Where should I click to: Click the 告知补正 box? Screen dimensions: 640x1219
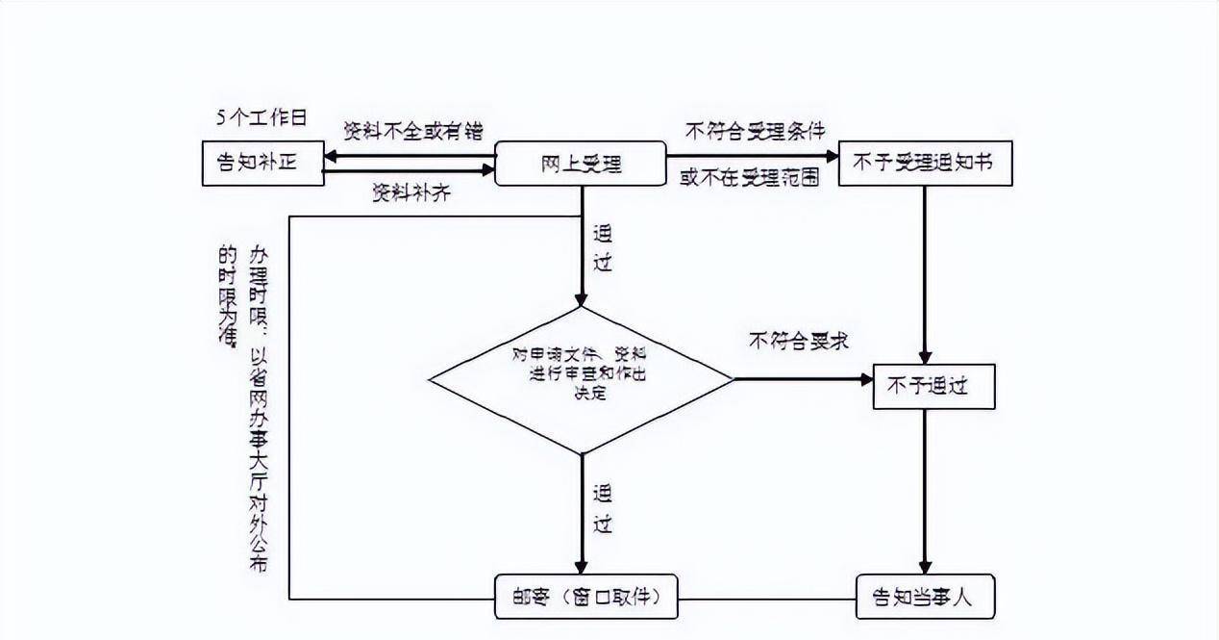pyautogui.click(x=261, y=164)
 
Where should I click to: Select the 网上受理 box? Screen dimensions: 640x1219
pyautogui.click(x=580, y=164)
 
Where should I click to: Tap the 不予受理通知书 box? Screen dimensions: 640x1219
pyautogui.click(x=925, y=164)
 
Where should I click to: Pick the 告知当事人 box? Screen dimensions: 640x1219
pyautogui.click(x=925, y=597)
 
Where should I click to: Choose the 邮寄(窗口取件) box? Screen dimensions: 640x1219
pyautogui.click(x=585, y=597)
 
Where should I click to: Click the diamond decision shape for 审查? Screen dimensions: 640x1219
pyautogui.click(x=581, y=379)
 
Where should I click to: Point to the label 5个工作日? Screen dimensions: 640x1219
pyautogui.click(x=261, y=117)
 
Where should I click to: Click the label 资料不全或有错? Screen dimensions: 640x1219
pyautogui.click(x=413, y=132)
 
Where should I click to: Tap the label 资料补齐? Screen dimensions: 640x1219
pyautogui.click(x=411, y=192)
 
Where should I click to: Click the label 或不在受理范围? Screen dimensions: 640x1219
pyautogui.click(x=749, y=178)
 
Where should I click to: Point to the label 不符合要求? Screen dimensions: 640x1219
pyautogui.click(x=798, y=341)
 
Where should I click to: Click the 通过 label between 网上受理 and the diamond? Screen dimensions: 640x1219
pyautogui.click(x=603, y=248)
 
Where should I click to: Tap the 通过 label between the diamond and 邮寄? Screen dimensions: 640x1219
pyautogui.click(x=603, y=510)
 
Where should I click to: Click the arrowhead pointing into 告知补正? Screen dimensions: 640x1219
pyautogui.click(x=329, y=155)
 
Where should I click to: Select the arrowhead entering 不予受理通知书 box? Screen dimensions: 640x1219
pyautogui.click(x=832, y=155)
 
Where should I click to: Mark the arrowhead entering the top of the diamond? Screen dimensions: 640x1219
pyautogui.click(x=581, y=299)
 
